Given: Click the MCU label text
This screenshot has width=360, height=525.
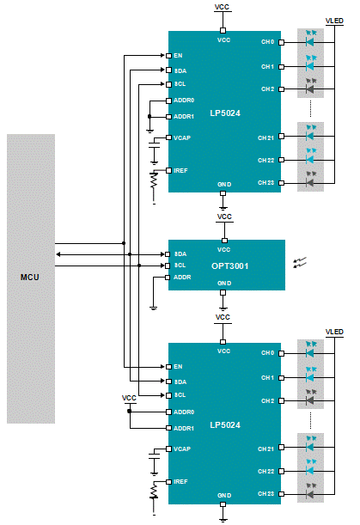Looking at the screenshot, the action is [29, 278].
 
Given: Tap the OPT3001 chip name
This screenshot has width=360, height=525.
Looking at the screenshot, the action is [230, 266].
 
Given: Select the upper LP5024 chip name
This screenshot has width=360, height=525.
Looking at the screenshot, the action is [225, 113].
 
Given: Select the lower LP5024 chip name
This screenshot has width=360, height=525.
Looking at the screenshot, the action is [225, 424].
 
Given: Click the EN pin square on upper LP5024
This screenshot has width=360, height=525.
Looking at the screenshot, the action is [169, 56].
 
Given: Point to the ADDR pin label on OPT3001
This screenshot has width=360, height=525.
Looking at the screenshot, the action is [182, 278].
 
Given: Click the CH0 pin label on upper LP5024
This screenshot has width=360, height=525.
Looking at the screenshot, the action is [267, 42].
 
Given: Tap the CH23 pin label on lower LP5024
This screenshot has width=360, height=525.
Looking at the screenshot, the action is [265, 493].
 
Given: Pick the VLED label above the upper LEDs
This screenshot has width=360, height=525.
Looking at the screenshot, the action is [334, 21].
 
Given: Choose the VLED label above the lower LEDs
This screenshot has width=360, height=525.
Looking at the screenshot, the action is [334, 332].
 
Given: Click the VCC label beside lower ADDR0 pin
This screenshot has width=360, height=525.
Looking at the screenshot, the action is [129, 398].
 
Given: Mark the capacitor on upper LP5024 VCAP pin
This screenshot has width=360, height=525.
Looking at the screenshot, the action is [154, 144].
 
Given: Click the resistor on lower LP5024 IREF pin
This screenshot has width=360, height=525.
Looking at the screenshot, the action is [154, 491].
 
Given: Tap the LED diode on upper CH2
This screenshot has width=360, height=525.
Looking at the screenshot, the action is [310, 89].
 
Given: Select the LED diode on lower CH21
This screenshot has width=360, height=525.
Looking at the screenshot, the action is [310, 448].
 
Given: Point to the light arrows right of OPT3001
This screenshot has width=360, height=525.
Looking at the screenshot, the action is [300, 263].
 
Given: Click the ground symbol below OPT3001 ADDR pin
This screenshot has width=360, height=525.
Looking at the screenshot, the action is [154, 308].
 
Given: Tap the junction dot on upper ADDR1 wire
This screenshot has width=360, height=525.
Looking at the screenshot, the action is [149, 117].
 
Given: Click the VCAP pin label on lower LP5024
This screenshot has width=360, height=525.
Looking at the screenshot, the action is [182, 449].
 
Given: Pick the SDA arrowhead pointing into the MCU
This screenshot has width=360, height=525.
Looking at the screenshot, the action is [58, 254].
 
